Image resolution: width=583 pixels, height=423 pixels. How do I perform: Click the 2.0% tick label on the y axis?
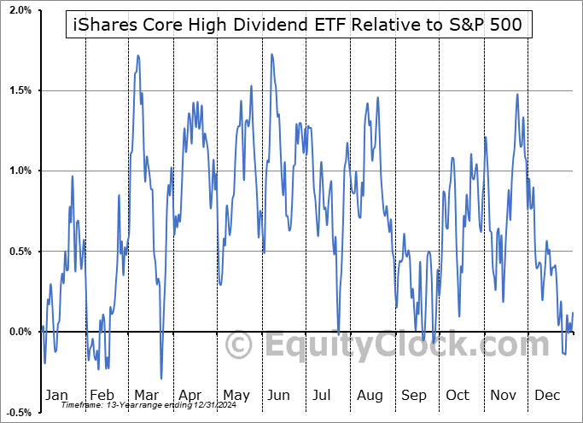click(19, 10)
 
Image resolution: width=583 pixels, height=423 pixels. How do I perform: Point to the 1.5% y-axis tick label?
click(19, 90)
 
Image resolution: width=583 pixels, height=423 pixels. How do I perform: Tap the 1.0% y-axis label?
click(19, 171)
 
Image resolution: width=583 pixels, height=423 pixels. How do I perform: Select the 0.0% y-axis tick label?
click(19, 332)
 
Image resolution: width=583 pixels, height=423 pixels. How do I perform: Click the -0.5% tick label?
click(18, 412)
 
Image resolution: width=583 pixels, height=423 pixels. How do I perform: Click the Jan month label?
click(55, 395)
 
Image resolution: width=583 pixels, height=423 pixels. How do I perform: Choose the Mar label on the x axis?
click(144, 395)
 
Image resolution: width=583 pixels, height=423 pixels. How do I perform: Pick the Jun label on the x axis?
click(278, 395)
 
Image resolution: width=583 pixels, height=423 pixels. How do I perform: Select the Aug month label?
click(370, 395)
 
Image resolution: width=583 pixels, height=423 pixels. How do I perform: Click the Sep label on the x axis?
click(414, 395)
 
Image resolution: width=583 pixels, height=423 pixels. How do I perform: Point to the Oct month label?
click(458, 395)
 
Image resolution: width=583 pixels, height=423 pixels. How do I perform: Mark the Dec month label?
click(547, 395)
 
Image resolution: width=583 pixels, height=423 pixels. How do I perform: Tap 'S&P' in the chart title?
click(456, 26)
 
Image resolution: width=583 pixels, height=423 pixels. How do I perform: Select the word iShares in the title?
click(100, 26)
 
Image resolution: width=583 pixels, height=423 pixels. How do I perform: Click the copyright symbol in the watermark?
click(238, 345)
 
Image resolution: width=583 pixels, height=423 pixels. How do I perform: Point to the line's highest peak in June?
click(271, 55)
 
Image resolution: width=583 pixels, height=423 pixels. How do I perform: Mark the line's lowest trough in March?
click(161, 378)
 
